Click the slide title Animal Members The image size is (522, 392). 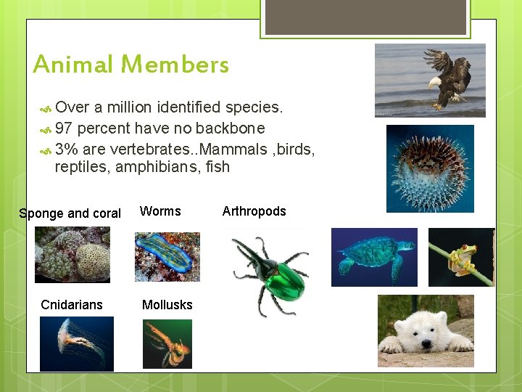click(x=131, y=65)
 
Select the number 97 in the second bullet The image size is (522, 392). click(x=63, y=128)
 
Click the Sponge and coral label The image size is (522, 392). click(x=70, y=213)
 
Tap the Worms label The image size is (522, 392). click(x=160, y=211)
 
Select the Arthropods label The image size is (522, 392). click(x=254, y=211)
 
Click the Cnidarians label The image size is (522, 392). click(x=72, y=305)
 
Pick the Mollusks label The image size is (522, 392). click(x=167, y=305)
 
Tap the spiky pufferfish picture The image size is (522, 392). click(x=430, y=168)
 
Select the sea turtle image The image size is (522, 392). click(x=374, y=257)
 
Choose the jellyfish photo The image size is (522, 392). click(x=76, y=343)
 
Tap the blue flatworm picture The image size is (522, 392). click(x=167, y=256)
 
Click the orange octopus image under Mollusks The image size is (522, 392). click(x=167, y=343)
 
